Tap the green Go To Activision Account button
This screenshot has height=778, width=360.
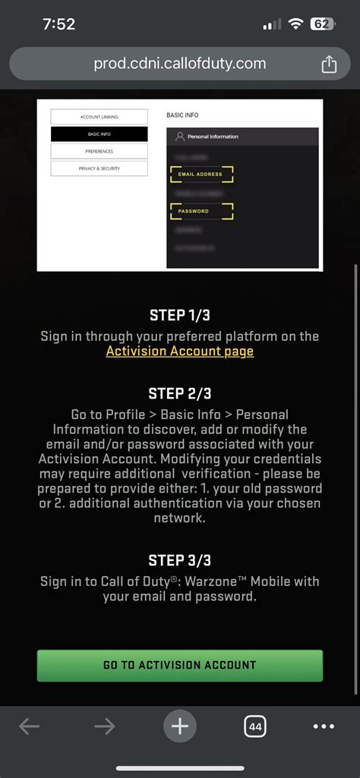(180, 665)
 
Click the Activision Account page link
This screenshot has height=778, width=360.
(180, 351)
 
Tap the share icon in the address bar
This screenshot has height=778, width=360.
(328, 65)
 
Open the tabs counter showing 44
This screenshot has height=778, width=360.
(255, 726)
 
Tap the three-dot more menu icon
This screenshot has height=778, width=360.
(324, 726)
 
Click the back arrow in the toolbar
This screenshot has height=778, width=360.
(29, 726)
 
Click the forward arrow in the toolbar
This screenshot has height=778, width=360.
(104, 726)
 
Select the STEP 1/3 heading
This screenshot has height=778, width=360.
(180, 316)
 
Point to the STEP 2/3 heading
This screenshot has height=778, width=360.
(180, 393)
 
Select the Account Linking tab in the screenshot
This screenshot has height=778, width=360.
(99, 117)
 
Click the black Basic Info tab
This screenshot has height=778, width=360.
(99, 134)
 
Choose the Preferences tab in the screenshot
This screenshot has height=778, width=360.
(99, 151)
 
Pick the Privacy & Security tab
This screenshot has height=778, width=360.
(99, 169)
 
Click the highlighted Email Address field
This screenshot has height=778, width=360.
(201, 175)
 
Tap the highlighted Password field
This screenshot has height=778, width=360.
(201, 211)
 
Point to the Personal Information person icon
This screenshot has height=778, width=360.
(179, 137)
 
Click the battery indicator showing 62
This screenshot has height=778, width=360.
(322, 24)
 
